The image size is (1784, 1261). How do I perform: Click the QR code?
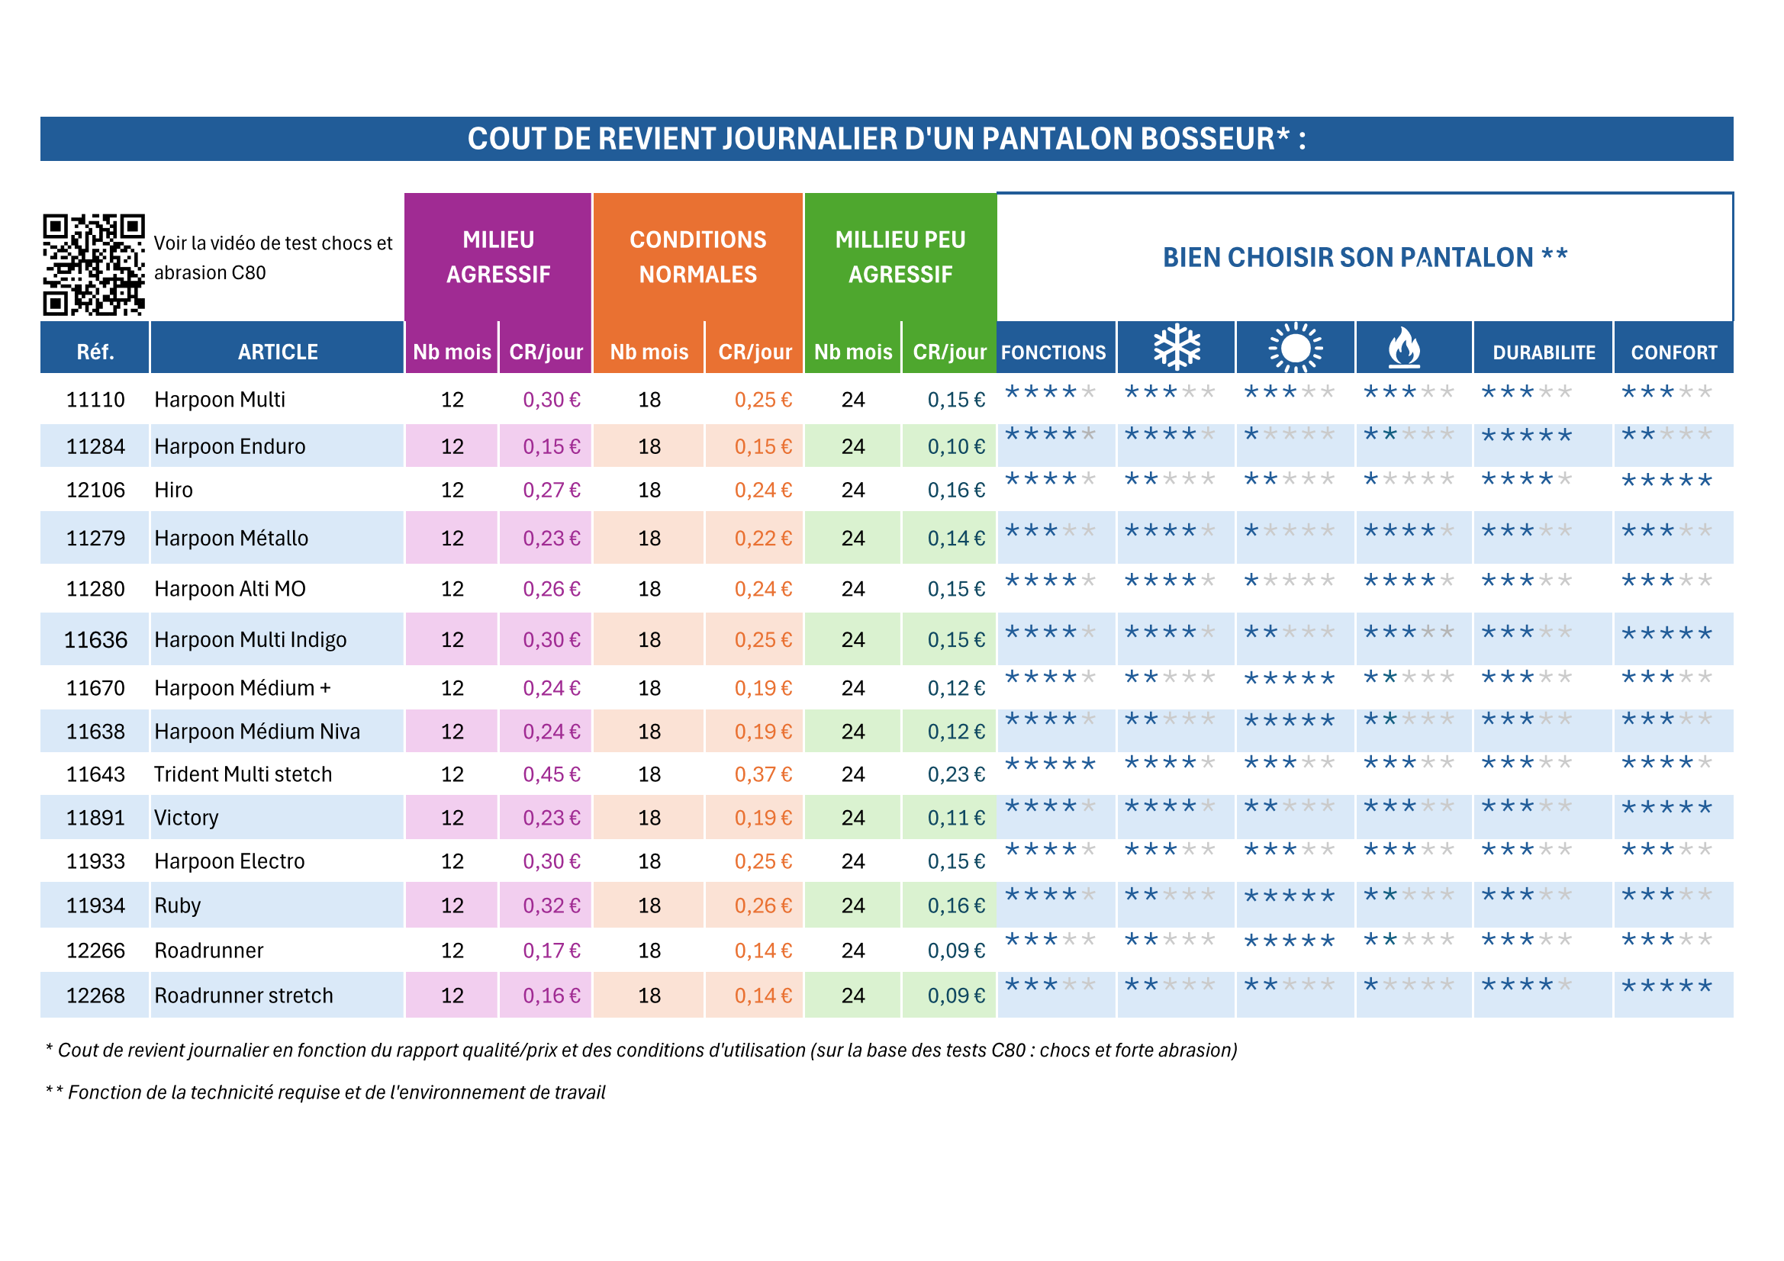[x=93, y=264]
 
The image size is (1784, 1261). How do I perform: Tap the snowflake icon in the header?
[x=1177, y=346]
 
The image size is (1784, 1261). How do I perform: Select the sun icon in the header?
[x=1295, y=347]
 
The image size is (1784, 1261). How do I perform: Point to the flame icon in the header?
[x=1404, y=346]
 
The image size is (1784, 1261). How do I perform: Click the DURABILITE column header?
[x=1543, y=352]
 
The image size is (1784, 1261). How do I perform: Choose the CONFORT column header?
[x=1673, y=352]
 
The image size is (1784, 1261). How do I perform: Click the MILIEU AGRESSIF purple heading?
[x=498, y=256]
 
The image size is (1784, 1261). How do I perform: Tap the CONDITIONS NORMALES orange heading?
[x=697, y=256]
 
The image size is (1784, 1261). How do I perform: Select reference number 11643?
[x=95, y=774]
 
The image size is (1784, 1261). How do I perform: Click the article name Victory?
[x=186, y=818]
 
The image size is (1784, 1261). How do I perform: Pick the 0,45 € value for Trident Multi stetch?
[x=551, y=774]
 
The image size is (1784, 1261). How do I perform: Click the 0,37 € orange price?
[x=763, y=774]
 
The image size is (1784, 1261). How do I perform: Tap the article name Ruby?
[x=177, y=906]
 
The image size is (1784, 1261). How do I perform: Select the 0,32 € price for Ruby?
[x=551, y=906]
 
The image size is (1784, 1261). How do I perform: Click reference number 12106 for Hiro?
[x=95, y=491]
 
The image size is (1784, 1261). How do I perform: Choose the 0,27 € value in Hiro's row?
[x=551, y=491]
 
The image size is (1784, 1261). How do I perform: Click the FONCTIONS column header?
[x=1053, y=352]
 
